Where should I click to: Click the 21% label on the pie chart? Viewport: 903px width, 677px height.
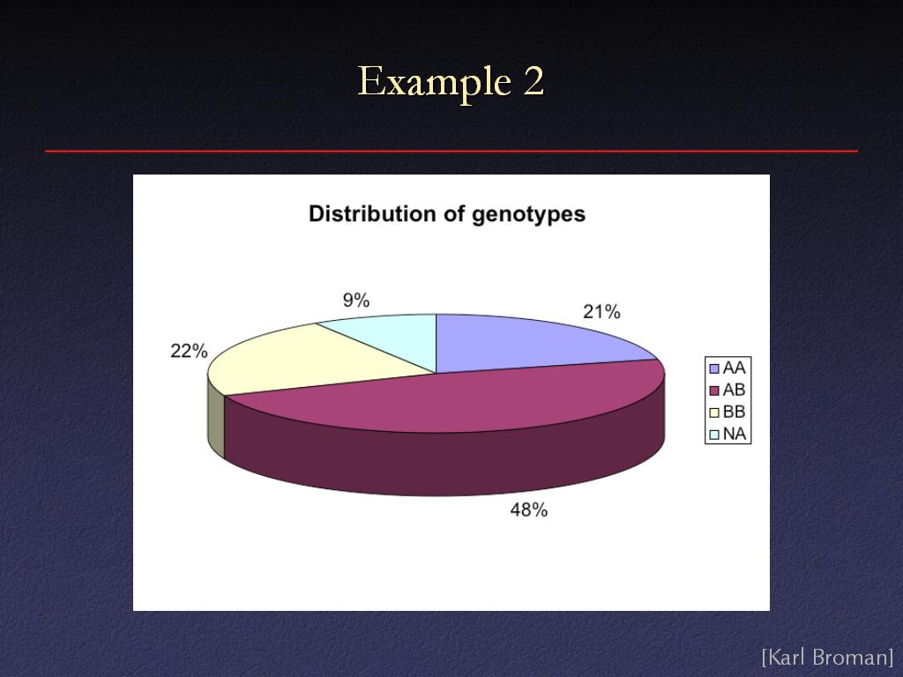(601, 312)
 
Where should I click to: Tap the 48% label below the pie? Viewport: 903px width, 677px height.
(529, 510)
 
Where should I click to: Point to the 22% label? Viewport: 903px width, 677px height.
(189, 351)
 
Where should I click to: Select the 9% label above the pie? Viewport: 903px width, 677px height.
(356, 300)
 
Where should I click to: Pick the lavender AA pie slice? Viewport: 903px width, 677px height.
(519, 343)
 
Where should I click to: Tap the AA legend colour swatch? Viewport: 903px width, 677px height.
(714, 368)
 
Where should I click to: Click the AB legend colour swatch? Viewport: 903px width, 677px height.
(714, 391)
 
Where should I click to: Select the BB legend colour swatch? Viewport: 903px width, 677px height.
(714, 413)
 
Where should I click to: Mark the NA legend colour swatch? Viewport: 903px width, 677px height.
(714, 434)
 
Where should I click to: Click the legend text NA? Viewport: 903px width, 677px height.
(735, 434)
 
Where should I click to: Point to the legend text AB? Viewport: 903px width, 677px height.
(735, 390)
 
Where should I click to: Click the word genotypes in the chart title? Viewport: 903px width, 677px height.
(529, 215)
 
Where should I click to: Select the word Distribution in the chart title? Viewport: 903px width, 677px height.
(373, 213)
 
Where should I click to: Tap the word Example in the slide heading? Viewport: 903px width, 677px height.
(434, 82)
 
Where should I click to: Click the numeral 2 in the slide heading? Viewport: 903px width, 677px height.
(534, 81)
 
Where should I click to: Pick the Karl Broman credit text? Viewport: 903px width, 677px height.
(827, 657)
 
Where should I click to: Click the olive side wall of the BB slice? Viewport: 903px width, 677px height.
(216, 417)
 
